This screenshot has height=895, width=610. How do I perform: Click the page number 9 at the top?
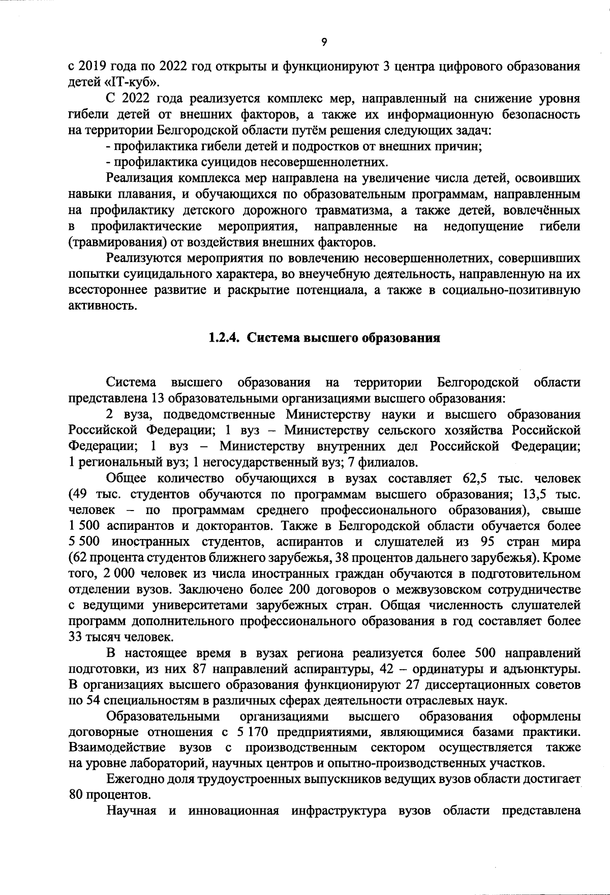[324, 42]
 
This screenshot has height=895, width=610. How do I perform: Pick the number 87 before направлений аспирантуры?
[202, 669]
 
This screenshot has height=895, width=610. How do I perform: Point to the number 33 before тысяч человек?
[76, 638]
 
